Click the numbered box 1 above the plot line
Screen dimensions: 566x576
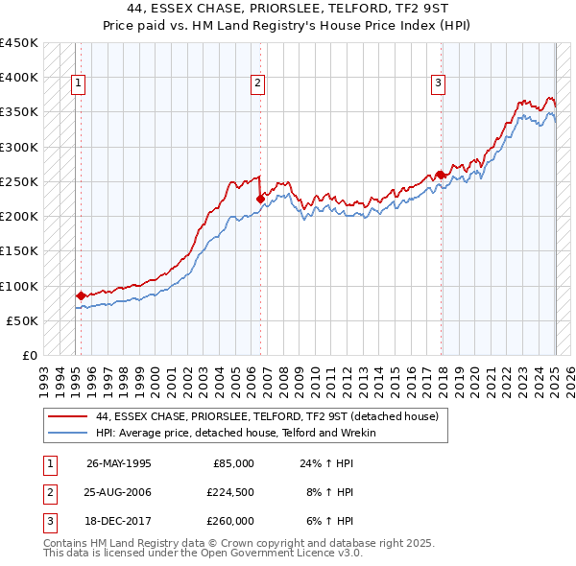tap(78, 84)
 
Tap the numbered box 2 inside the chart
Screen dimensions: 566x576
tap(258, 84)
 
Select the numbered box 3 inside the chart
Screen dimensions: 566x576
tap(438, 84)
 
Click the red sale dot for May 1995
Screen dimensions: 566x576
tap(81, 295)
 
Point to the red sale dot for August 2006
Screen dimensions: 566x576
tap(260, 200)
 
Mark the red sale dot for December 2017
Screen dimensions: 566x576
tap(440, 175)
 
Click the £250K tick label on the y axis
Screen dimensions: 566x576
tap(19, 181)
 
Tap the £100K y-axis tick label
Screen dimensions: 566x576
tap(19, 286)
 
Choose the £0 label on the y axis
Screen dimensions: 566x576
tap(29, 356)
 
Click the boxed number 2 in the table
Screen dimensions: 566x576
tap(48, 491)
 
